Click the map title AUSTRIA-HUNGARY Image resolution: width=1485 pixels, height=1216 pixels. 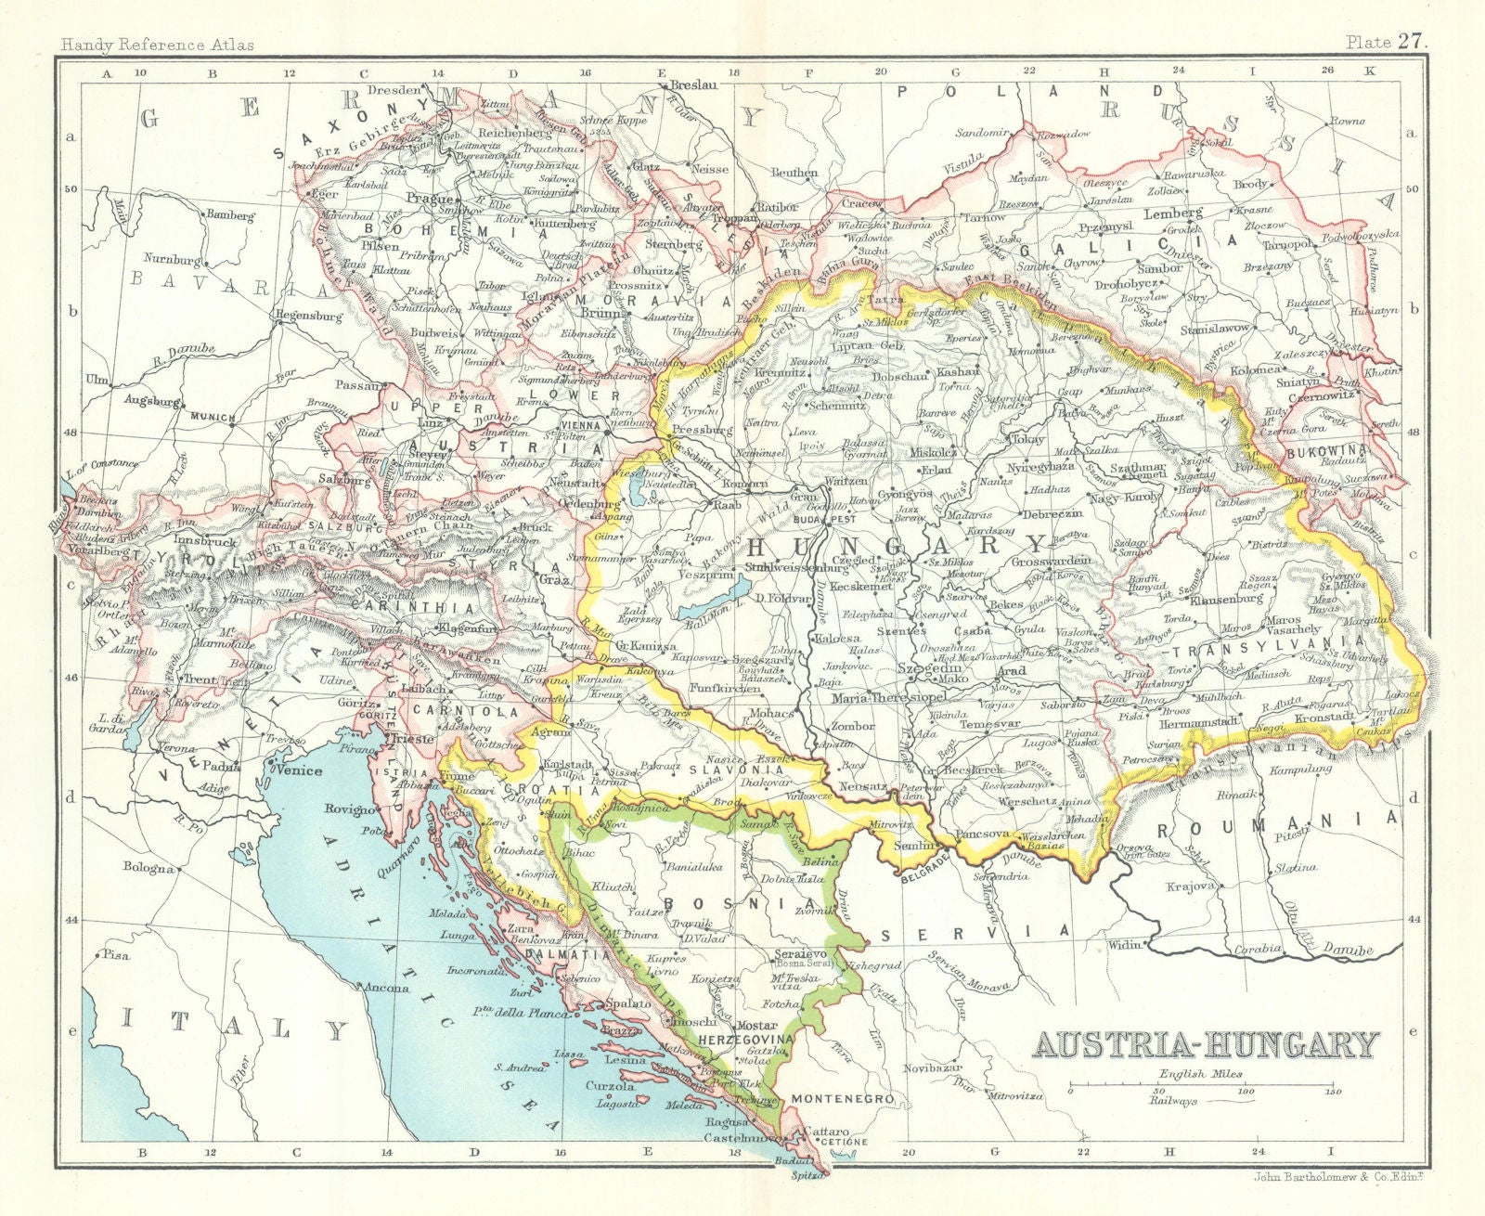[x=1206, y=1045]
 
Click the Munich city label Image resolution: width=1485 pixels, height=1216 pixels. [x=213, y=418]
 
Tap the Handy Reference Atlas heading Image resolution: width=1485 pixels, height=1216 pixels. [x=155, y=44]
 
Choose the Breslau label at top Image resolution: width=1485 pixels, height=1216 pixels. [x=693, y=84]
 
